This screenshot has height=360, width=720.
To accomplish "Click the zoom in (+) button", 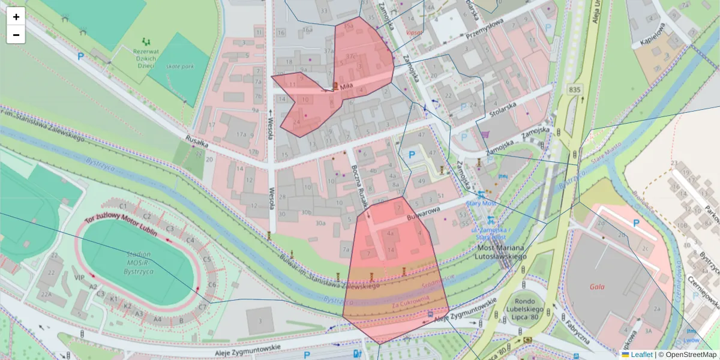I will (16, 16).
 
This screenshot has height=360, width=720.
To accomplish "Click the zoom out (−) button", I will (16, 35).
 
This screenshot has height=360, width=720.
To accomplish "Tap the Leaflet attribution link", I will (641, 355).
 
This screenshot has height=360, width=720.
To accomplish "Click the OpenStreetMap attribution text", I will (691, 355).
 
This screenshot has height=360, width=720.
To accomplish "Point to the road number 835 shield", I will (574, 89).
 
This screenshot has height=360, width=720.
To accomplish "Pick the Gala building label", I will (597, 287).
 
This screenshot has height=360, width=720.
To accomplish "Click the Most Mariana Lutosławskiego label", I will (502, 252).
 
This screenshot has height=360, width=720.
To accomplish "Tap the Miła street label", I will (346, 87).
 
